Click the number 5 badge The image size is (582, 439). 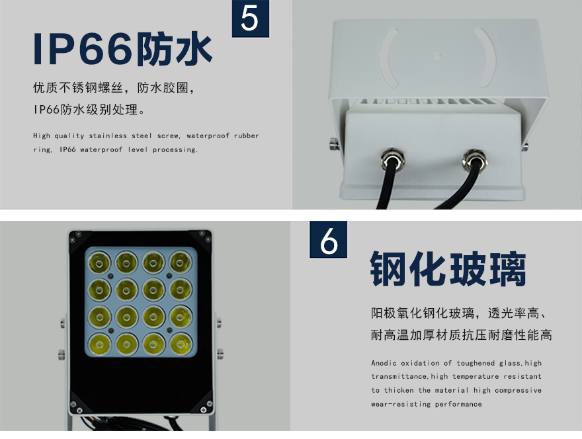coord(251,19)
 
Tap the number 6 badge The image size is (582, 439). coord(329,240)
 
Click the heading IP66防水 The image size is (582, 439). coord(123,50)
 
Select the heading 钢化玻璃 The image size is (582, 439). coord(448,268)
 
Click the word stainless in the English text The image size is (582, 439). coord(108,136)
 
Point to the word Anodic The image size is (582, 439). coord(384,363)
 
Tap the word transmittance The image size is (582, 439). coord(399,377)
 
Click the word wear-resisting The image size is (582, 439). coord(401,404)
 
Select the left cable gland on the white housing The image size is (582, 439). coord(392,159)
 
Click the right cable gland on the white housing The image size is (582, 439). coord(475,160)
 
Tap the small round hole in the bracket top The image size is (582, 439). coord(437,57)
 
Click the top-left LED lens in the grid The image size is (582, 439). coord(99,262)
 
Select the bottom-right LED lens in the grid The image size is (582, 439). coord(181,344)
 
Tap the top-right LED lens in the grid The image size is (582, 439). coord(181,262)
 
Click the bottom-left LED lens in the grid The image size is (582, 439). coord(99,344)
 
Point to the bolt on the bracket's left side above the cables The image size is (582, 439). coord(334,144)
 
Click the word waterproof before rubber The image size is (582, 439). coord(208,136)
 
